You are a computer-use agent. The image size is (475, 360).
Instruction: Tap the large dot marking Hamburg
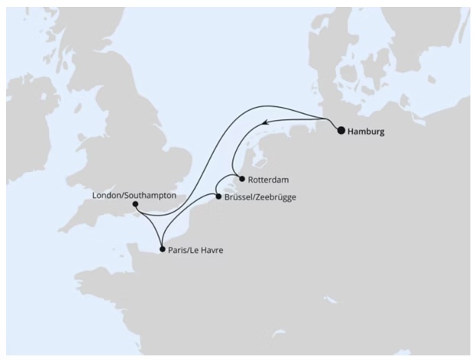click(341, 131)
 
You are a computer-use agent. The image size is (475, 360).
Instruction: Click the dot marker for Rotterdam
click(241, 180)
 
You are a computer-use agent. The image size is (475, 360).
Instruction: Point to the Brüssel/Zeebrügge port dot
click(218, 197)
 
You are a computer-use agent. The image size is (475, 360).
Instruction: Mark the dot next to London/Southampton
click(134, 204)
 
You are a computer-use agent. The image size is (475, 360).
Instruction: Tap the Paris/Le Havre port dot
click(161, 248)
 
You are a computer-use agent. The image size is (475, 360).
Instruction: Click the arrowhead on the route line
click(263, 122)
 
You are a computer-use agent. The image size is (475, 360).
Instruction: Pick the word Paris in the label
click(180, 249)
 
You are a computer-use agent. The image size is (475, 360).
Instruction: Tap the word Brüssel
click(239, 197)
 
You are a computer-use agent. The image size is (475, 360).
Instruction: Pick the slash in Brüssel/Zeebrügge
click(254, 197)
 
